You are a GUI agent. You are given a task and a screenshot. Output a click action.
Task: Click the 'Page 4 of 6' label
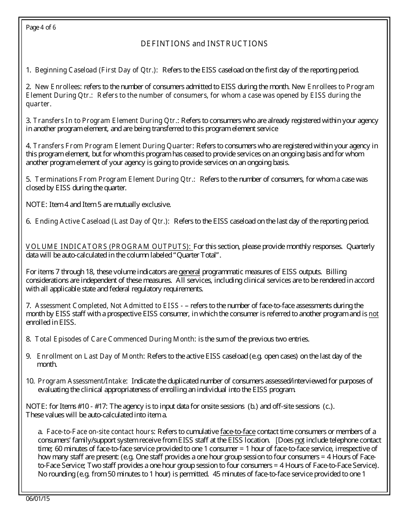coord(41,28)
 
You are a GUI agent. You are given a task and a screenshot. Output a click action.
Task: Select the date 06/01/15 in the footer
coord(38,499)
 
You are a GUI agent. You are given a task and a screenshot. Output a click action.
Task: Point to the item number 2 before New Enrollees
coord(28,87)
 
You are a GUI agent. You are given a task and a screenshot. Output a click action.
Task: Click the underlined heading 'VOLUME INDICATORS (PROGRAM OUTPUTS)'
coord(108,246)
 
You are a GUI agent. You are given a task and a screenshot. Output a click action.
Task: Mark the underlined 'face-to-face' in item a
coord(237,431)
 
